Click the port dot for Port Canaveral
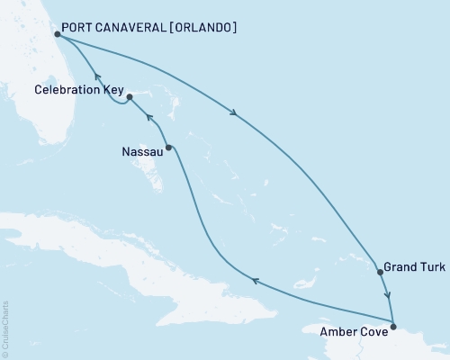tap(57, 34)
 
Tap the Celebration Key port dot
tap(130, 96)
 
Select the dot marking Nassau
tap(168, 147)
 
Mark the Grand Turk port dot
tap(380, 270)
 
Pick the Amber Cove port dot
tap(393, 324)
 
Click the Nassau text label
tap(141, 152)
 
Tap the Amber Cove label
tap(355, 331)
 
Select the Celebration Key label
tap(76, 90)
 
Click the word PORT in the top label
tap(77, 28)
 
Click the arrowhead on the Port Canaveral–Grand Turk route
tap(235, 113)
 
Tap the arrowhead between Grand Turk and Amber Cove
tap(388, 294)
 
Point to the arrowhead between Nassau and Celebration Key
tap(150, 119)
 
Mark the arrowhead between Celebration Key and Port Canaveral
tap(96, 77)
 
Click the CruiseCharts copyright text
tap(4, 328)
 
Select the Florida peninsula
tap(36, 99)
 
